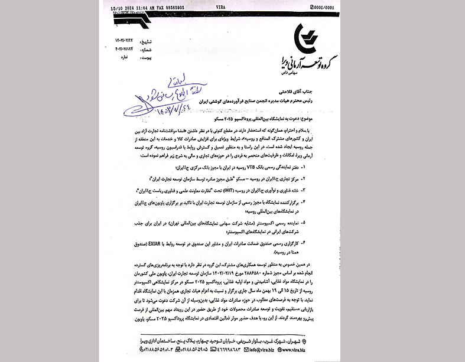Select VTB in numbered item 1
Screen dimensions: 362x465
pyautogui.click(x=283, y=167)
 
